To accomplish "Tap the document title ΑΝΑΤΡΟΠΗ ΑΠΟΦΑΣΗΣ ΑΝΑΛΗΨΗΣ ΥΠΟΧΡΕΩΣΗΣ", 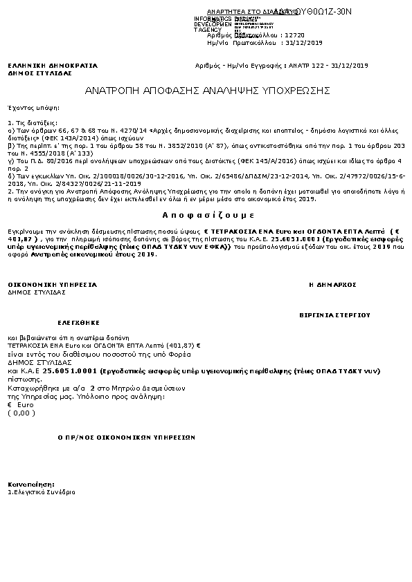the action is click(207, 91).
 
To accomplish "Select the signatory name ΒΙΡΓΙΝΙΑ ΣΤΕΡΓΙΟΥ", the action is click(334, 315).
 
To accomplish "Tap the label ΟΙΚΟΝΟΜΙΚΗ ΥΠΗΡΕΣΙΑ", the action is click(53, 285).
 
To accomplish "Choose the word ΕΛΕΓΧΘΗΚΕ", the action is click(79, 323).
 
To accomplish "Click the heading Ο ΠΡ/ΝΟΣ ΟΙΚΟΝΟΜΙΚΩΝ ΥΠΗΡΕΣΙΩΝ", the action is click(126, 438).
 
